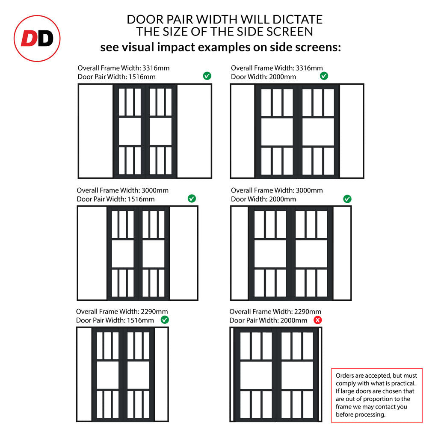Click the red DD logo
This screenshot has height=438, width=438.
37,38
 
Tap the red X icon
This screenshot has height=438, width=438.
317,320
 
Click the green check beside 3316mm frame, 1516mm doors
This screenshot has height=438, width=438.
207,76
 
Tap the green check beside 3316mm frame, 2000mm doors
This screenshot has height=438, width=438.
324,76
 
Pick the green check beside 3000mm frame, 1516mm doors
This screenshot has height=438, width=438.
192,198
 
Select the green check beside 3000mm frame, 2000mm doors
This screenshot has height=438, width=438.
347,199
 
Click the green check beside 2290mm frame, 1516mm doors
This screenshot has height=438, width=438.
164,320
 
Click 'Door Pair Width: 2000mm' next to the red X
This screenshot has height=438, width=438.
268,320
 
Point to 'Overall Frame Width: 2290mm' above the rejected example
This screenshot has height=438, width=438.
275,311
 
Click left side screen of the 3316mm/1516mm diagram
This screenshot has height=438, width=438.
96,131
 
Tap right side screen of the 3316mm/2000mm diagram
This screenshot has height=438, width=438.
351,131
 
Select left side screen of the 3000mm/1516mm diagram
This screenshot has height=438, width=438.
92,253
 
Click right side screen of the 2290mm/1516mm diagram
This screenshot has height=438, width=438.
161,374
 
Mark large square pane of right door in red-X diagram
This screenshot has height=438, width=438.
297,375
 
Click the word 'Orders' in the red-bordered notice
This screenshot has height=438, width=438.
345,375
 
